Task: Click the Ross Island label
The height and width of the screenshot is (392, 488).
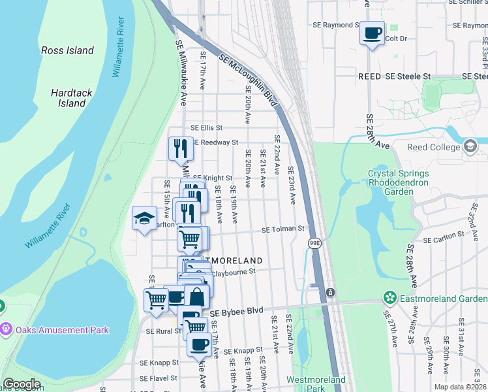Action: pyautogui.click(x=67, y=50)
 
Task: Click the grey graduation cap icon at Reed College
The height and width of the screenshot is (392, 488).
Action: pyautogui.click(x=470, y=147)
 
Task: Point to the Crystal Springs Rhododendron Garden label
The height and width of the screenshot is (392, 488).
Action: pyautogui.click(x=398, y=183)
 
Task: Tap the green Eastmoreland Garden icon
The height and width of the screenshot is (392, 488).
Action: pyautogui.click(x=390, y=298)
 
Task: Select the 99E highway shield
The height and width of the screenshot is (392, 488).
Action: pyautogui.click(x=314, y=242)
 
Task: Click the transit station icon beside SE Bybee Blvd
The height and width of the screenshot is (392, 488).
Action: pyautogui.click(x=331, y=291)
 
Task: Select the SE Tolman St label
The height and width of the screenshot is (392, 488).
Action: pyautogui.click(x=283, y=229)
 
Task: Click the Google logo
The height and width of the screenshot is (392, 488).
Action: pyautogui.click(x=22, y=385)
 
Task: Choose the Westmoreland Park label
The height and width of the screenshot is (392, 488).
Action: pyautogui.click(x=316, y=384)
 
